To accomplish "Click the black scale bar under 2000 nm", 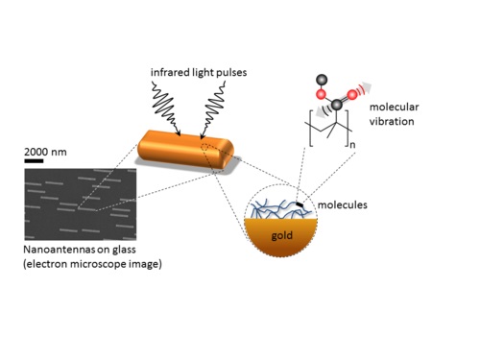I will pos(34,161).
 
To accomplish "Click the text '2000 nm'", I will pos(45,151).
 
